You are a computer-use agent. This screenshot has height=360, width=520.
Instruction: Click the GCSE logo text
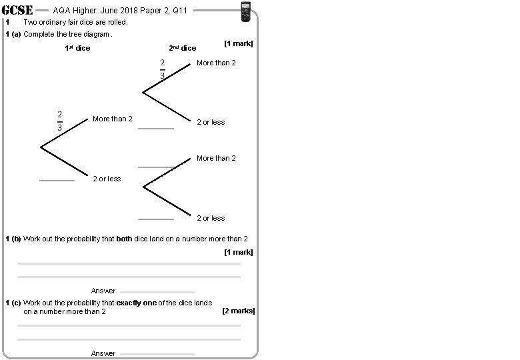click(x=19, y=10)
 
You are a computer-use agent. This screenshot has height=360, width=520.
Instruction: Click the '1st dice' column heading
click(x=77, y=48)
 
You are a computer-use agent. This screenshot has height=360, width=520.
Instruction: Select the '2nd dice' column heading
click(x=182, y=48)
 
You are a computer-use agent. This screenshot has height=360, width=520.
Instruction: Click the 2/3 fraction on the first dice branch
click(x=59, y=121)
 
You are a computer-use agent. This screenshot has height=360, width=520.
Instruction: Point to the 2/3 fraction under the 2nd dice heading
click(x=162, y=69)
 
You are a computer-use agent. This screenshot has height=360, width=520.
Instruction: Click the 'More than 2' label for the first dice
click(x=112, y=119)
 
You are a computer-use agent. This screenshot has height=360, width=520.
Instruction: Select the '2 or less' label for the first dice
click(x=107, y=179)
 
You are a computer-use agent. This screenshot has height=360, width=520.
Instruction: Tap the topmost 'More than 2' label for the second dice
click(x=216, y=63)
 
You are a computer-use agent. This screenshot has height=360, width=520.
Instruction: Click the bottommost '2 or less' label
click(x=211, y=218)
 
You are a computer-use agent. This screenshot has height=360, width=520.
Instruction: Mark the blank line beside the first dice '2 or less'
click(x=57, y=181)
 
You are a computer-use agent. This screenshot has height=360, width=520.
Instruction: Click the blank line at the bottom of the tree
click(x=155, y=219)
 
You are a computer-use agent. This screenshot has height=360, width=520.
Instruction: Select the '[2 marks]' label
click(x=238, y=311)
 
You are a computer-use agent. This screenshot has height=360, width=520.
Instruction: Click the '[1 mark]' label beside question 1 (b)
click(x=238, y=252)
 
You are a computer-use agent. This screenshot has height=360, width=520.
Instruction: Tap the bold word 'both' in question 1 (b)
click(x=124, y=239)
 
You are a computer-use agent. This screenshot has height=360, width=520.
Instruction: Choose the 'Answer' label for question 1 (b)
click(x=103, y=291)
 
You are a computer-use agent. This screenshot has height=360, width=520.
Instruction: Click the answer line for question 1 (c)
click(x=157, y=354)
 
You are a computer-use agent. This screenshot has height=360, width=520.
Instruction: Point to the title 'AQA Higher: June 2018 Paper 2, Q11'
click(x=120, y=11)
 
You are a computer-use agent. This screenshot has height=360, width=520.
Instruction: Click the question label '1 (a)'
click(x=13, y=34)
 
